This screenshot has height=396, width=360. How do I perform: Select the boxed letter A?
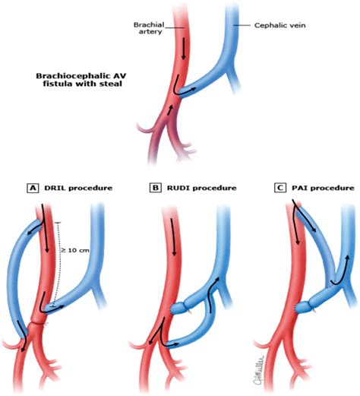point(33,188)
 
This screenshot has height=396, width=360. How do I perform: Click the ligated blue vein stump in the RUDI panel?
point(181,308)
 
